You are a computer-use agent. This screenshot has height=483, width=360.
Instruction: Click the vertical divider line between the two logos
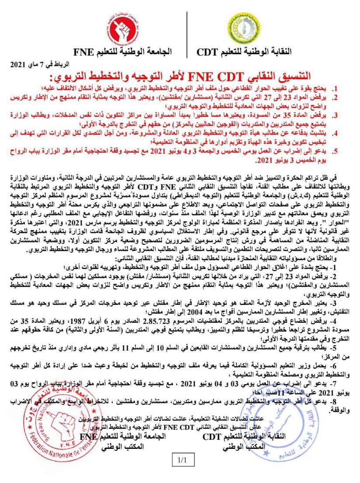pyautogui.click(x=187, y=34)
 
